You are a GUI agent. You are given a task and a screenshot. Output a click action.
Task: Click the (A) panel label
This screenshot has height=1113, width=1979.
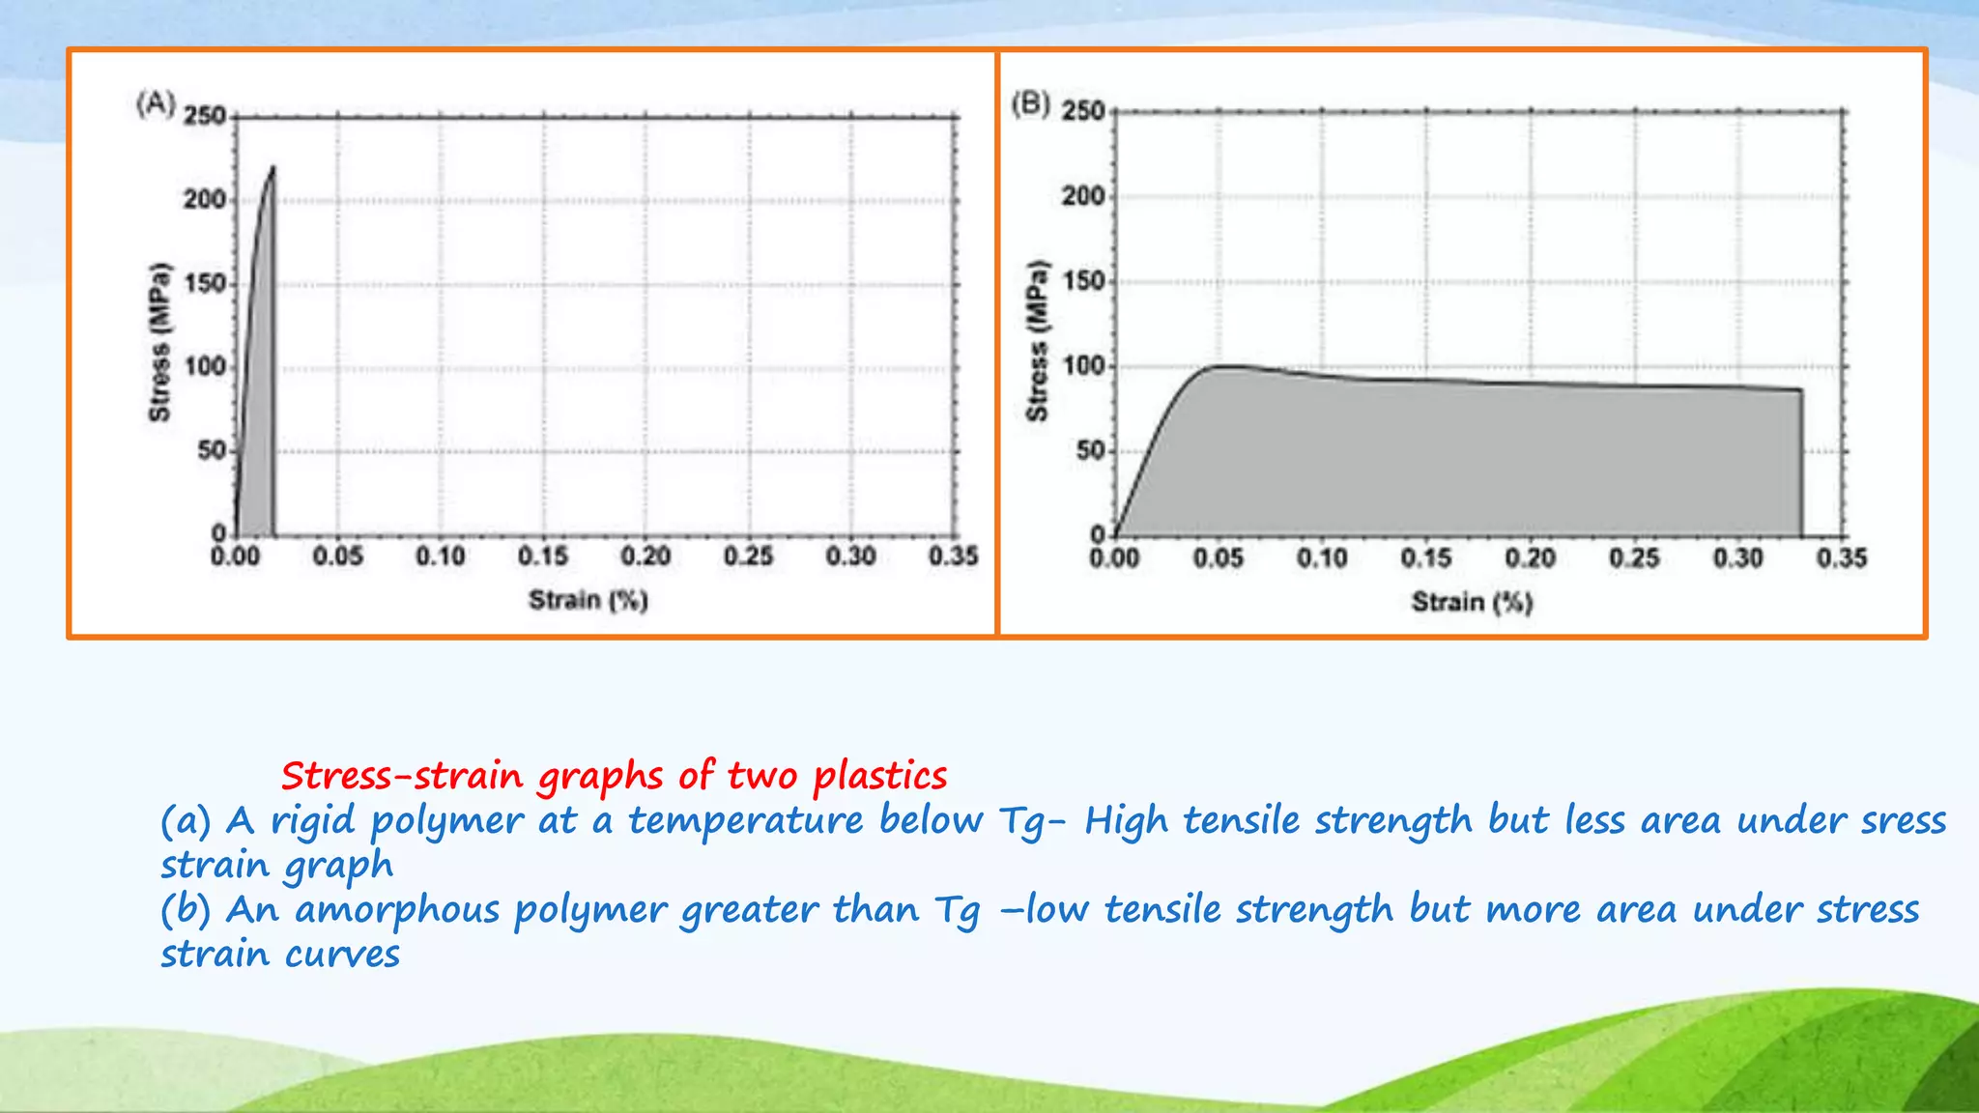pos(156,103)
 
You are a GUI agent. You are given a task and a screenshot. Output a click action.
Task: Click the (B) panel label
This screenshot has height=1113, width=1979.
pos(1030,102)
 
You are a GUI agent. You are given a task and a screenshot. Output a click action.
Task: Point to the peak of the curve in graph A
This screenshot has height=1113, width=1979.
pos(273,168)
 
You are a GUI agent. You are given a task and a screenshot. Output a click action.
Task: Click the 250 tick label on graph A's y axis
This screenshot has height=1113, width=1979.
pos(204,116)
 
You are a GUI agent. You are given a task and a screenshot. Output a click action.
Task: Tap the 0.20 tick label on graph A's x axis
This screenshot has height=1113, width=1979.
pos(645,556)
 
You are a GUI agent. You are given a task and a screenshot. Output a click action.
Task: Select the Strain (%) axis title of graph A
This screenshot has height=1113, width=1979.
pos(588,600)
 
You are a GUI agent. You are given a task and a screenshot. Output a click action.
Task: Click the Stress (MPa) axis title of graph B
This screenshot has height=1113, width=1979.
pos(1037,340)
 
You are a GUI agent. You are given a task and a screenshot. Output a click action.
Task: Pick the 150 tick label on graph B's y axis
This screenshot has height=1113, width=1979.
pos(1083,281)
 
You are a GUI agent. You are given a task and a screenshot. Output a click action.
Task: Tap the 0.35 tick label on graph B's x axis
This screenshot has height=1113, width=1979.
pos(1842,558)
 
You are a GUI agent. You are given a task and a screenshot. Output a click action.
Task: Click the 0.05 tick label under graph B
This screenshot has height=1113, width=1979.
pos(1218,558)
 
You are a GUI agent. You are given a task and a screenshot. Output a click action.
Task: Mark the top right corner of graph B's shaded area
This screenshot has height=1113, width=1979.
pos(1800,390)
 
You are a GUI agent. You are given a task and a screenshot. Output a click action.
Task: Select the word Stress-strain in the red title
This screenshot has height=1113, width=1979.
pos(401,776)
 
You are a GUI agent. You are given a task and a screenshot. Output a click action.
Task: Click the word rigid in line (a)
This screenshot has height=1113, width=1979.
pos(312,821)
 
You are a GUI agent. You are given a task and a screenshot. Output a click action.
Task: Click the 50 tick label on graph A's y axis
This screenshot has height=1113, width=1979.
pos(212,451)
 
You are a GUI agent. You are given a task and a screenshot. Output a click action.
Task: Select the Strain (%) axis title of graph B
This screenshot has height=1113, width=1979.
pos(1471,602)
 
